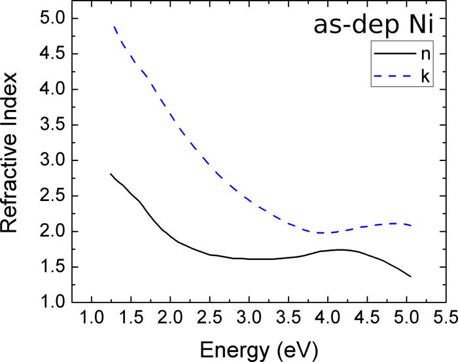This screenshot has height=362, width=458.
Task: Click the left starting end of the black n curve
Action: click(111, 173)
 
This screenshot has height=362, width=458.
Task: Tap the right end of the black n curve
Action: click(411, 276)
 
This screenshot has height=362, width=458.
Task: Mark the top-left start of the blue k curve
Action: click(114, 27)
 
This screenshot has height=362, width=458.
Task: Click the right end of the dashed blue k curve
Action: click(411, 225)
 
